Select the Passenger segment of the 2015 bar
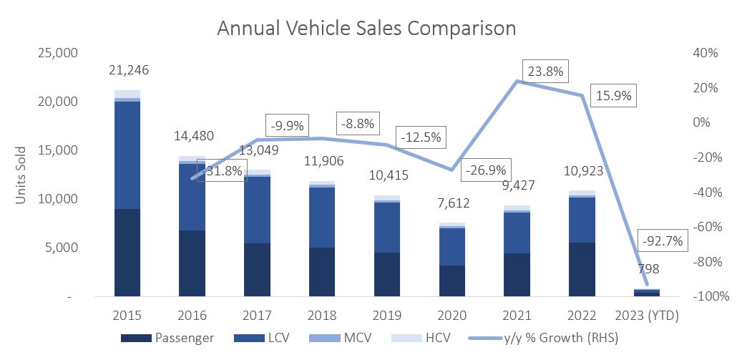pos(127,253)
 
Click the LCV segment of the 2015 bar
pos(127,155)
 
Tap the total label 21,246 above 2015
pos(128,70)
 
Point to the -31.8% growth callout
pos(222,170)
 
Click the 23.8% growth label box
pos(545,72)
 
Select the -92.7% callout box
pos(663,241)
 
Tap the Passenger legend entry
pos(169,339)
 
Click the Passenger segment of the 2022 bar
pos(581,269)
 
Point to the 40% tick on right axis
pos(708,53)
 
